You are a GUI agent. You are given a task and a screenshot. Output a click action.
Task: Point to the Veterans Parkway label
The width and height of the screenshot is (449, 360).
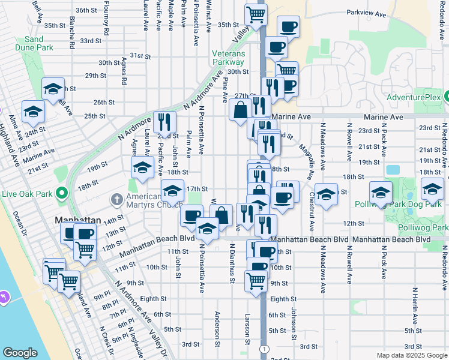point(228,58)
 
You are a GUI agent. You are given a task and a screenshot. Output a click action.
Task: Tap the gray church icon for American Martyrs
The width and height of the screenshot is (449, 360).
point(116,199)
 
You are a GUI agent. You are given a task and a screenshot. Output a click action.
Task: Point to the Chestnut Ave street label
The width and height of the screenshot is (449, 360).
point(312,210)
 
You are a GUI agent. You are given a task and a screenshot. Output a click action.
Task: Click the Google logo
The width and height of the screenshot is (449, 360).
point(20,352)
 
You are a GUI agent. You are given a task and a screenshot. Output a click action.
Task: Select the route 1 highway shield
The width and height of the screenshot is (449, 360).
point(264,349)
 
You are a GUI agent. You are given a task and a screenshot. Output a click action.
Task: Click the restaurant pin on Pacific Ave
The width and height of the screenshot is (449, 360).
point(163,122)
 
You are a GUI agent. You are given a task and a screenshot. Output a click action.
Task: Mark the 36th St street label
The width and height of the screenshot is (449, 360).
point(86,10)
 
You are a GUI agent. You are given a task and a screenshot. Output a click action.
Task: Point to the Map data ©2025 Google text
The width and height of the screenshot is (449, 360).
point(411,355)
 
